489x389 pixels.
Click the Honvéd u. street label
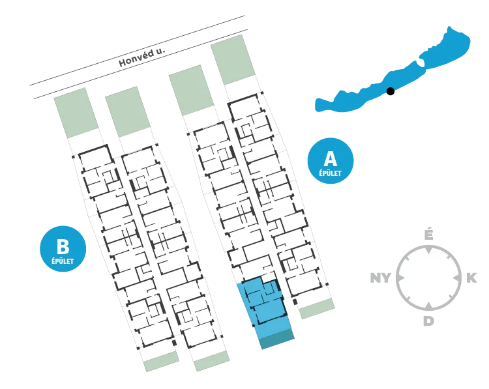point(141,57)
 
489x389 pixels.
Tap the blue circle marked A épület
point(331,161)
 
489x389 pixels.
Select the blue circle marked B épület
point(63,249)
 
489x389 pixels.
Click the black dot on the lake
point(390,91)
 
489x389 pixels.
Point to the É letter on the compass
point(429,235)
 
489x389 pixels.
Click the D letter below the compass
point(429,321)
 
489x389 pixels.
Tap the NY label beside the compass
point(381,278)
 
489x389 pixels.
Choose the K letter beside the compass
point(471,278)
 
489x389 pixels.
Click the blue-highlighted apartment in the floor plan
point(265,307)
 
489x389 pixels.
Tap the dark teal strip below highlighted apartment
point(277,339)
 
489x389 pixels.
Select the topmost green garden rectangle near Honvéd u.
point(233,59)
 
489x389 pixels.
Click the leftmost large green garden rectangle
point(76,113)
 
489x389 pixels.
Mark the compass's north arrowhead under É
point(429,250)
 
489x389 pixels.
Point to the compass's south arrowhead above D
point(429,306)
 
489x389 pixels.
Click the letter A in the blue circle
point(331,158)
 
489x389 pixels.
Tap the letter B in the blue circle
point(63,246)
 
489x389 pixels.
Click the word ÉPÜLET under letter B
point(63,261)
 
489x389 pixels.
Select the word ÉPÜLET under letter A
point(331,173)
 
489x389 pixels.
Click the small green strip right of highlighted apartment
point(317,309)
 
